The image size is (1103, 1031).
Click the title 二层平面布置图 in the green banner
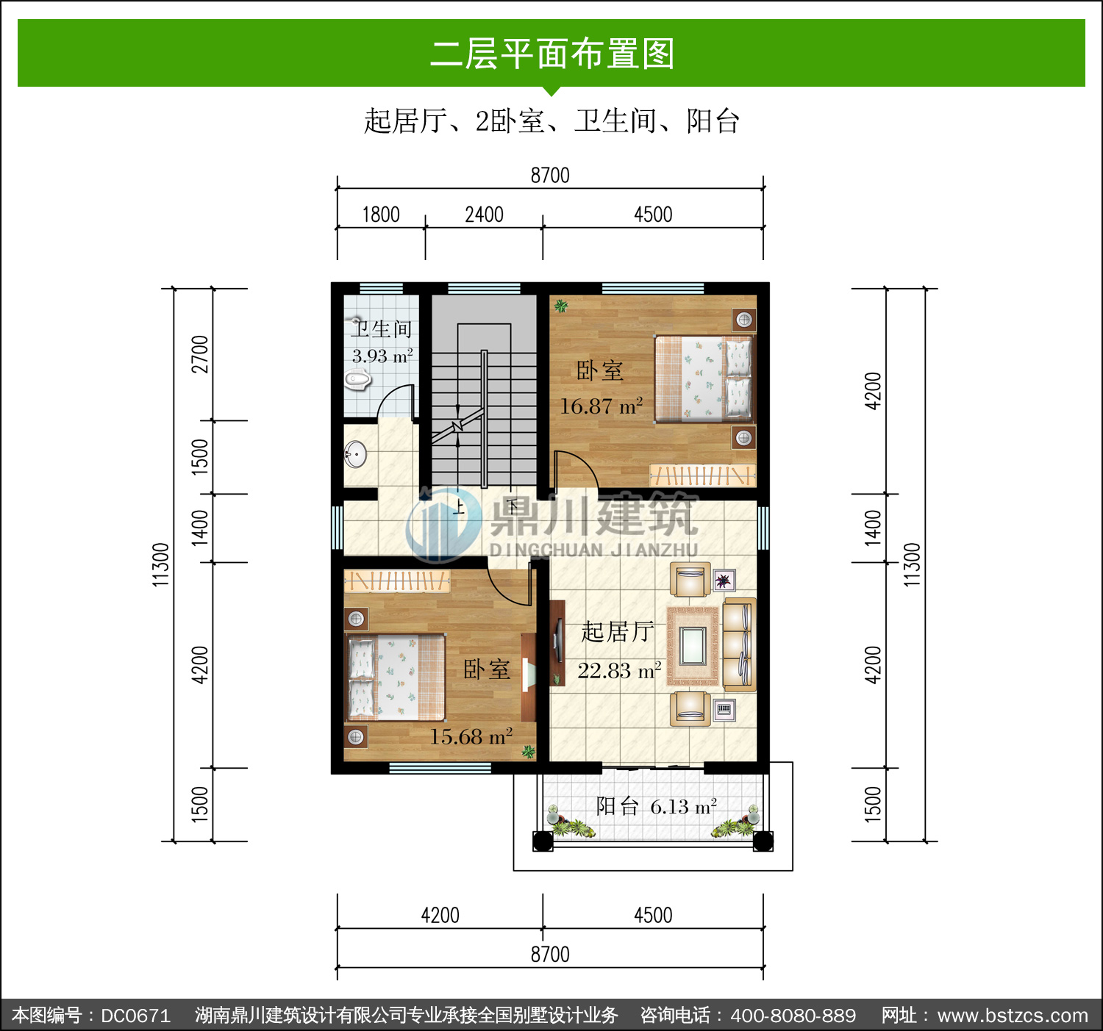click(x=552, y=54)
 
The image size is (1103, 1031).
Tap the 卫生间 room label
click(x=382, y=329)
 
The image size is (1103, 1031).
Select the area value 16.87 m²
click(x=601, y=406)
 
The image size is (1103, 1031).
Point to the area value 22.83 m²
click(x=619, y=671)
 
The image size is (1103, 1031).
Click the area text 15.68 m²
click(x=471, y=737)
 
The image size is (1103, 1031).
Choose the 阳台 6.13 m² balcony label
click(x=657, y=806)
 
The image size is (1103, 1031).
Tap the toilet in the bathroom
click(x=357, y=381)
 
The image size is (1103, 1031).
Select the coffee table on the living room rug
click(x=693, y=646)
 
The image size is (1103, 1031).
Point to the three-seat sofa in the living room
click(x=739, y=644)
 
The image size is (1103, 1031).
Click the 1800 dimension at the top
click(x=381, y=215)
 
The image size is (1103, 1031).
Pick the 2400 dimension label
click(x=485, y=215)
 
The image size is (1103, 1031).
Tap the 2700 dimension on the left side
click(x=199, y=354)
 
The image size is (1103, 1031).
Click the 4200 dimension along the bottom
click(x=440, y=915)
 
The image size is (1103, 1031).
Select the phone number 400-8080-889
click(x=793, y=1016)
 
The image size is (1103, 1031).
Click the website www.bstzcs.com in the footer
click(x=1013, y=1016)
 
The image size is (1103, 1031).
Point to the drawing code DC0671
click(x=135, y=1016)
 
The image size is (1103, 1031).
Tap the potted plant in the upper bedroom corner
click(x=561, y=306)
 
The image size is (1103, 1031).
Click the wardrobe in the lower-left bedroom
click(x=397, y=581)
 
